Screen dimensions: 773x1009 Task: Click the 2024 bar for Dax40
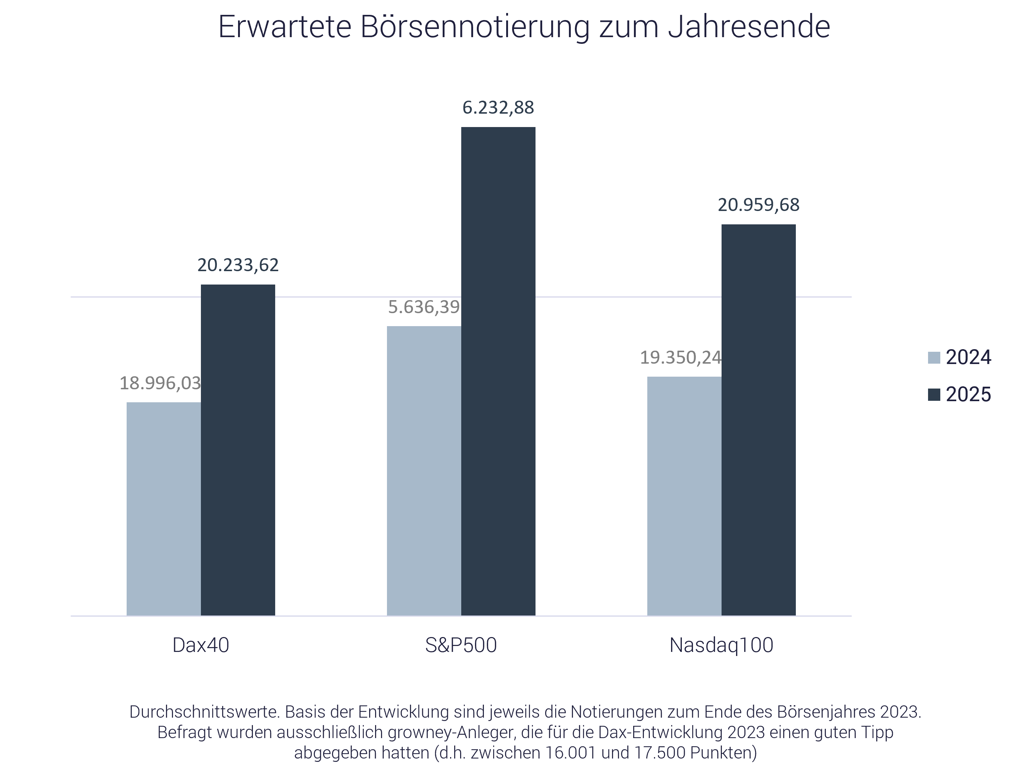(x=164, y=509)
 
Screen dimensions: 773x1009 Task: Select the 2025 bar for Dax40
(x=238, y=449)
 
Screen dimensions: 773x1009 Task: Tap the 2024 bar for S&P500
(x=424, y=470)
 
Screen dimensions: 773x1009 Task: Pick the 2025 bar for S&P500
(x=498, y=371)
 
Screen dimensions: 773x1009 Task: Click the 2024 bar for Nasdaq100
(x=684, y=496)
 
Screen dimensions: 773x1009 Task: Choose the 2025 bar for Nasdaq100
(x=758, y=420)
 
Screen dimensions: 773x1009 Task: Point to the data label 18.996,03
(x=160, y=383)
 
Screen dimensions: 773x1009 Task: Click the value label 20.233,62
(x=238, y=265)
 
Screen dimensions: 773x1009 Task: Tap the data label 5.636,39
(x=424, y=307)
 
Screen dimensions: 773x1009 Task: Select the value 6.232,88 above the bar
(x=498, y=108)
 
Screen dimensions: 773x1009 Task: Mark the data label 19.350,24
(x=681, y=357)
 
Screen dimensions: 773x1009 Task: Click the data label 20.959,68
(x=758, y=205)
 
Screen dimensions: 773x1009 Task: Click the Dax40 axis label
(x=201, y=645)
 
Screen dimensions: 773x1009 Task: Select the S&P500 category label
(x=461, y=645)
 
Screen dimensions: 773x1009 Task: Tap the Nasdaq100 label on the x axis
(x=721, y=645)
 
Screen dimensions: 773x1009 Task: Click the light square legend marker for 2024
(x=934, y=357)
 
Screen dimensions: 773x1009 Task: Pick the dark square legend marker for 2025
(x=934, y=395)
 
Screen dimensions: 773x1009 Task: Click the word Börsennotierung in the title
(x=474, y=27)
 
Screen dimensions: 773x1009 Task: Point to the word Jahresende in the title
(x=749, y=27)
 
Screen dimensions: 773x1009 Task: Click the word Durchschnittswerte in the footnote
(x=204, y=712)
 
